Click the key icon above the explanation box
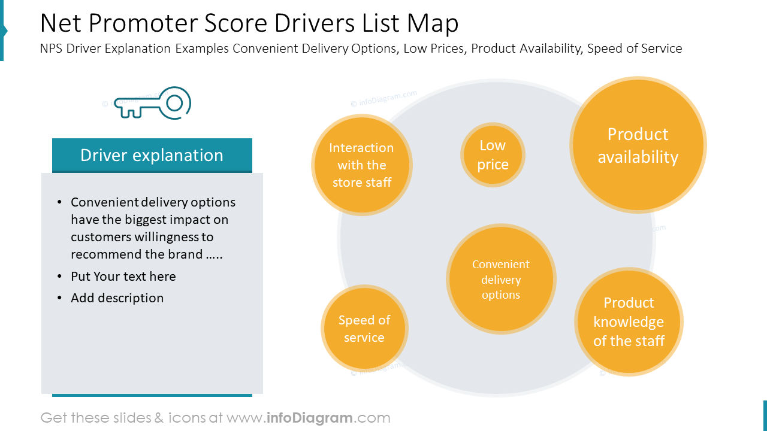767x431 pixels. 152,103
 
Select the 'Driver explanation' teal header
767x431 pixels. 152,155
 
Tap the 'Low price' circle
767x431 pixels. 493,155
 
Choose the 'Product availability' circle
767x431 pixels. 638,145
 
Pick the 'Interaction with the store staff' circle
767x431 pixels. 361,165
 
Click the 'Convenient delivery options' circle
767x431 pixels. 501,280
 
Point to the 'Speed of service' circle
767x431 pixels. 364,329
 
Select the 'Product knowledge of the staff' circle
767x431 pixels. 629,322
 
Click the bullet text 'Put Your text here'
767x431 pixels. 123,277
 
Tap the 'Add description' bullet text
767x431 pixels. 117,298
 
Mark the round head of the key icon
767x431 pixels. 174,103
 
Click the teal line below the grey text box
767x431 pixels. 152,395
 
